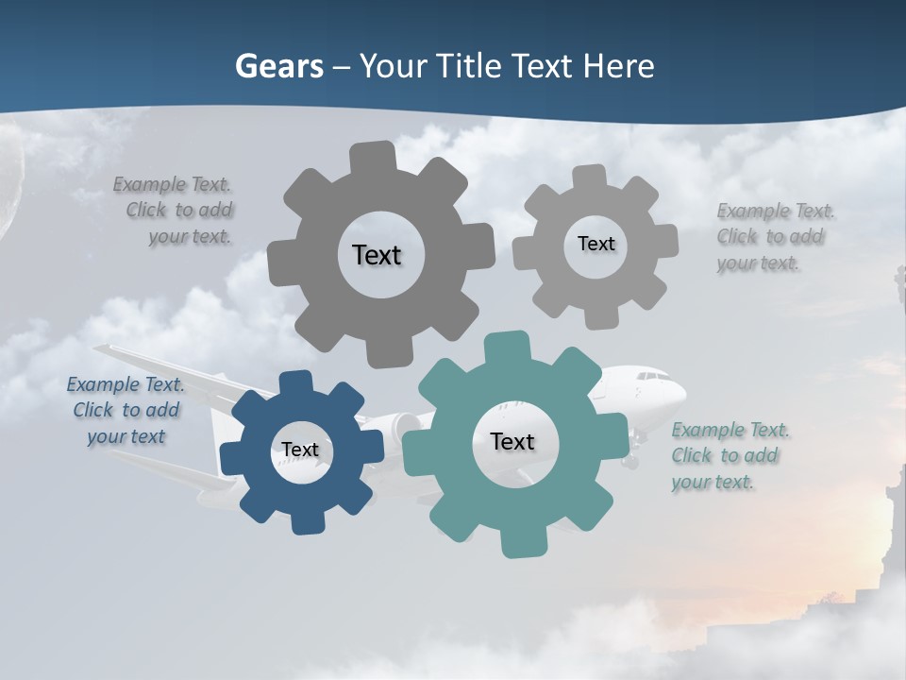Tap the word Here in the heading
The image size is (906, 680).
pyautogui.click(x=619, y=66)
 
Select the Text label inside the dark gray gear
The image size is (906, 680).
pyautogui.click(x=377, y=255)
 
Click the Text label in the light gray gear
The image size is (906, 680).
pyautogui.click(x=596, y=244)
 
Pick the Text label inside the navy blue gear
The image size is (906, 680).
pyautogui.click(x=300, y=450)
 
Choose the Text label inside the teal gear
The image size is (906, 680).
pyautogui.click(x=512, y=442)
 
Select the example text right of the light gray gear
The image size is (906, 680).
pyautogui.click(x=775, y=237)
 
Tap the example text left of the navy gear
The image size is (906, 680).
pyautogui.click(x=126, y=411)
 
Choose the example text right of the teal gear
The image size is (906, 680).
pyautogui.click(x=730, y=456)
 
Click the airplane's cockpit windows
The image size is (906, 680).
pyautogui.click(x=652, y=378)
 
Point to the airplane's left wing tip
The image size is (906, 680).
pyautogui.click(x=99, y=349)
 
